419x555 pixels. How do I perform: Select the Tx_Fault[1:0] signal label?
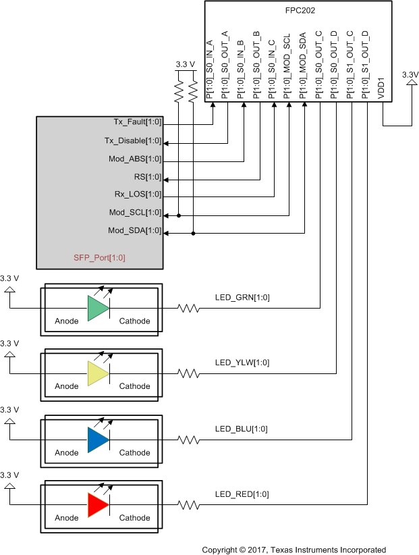point(137,122)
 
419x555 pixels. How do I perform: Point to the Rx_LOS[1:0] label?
point(137,194)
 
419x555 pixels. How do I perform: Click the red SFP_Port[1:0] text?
point(99,257)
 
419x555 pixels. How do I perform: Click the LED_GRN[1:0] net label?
point(242,298)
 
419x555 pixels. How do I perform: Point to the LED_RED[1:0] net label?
point(242,494)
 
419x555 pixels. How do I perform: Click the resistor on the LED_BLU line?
point(188,440)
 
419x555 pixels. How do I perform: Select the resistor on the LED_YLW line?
point(188,373)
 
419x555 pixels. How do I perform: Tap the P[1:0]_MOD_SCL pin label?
point(288,65)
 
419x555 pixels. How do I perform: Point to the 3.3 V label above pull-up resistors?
point(185,64)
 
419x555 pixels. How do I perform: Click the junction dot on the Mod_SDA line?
point(194,234)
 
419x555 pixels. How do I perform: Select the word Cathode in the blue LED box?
point(134,452)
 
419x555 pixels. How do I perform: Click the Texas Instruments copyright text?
point(294,550)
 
